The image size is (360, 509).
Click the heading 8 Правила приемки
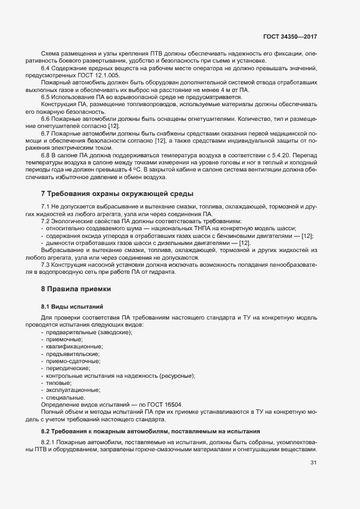(x=76, y=288)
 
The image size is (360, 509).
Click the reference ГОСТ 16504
(x=164, y=405)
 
